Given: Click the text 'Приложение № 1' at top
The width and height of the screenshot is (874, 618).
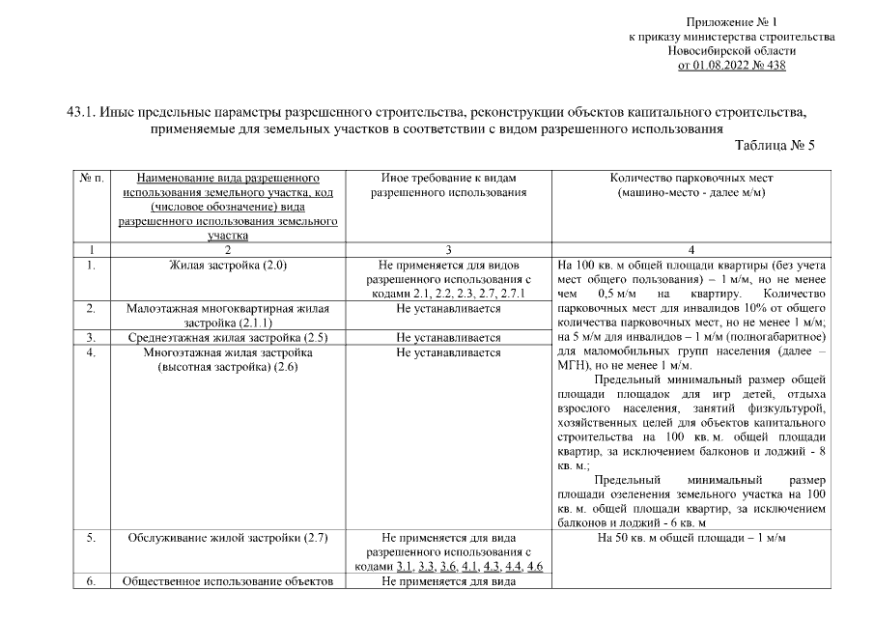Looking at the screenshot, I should (731, 21).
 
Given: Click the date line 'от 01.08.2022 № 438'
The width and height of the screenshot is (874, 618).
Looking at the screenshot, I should (731, 66).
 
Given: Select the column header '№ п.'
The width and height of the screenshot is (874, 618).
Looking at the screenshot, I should (94, 179).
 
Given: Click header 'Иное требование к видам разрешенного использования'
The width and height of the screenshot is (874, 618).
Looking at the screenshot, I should (448, 185).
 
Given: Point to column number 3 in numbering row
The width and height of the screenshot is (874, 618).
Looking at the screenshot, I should (448, 249).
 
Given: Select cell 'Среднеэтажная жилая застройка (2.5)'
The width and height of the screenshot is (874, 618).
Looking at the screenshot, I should (228, 338).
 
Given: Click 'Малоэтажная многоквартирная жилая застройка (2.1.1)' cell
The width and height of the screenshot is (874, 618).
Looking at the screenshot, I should (228, 316).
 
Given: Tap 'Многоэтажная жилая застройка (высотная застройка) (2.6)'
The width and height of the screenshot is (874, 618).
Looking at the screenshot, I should (228, 360).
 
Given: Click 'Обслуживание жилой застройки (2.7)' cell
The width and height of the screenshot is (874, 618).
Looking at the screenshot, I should (228, 538).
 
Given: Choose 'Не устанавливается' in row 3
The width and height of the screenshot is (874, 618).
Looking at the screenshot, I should (448, 338).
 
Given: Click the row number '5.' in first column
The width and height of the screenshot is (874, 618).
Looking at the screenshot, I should (90, 538).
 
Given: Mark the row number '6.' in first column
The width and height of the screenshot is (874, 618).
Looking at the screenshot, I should (90, 581).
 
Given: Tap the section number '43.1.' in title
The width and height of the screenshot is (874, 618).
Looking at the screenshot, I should (72, 112).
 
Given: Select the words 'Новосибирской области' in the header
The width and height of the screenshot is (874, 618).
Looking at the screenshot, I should (731, 51).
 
